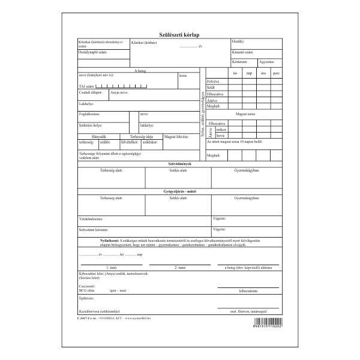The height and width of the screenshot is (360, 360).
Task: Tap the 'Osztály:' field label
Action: (x=238, y=41)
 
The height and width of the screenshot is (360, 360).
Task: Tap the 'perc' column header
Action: (x=276, y=73)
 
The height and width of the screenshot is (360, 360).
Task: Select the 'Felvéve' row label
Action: (x=213, y=80)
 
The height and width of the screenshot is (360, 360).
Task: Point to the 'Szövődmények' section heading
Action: (x=180, y=163)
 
